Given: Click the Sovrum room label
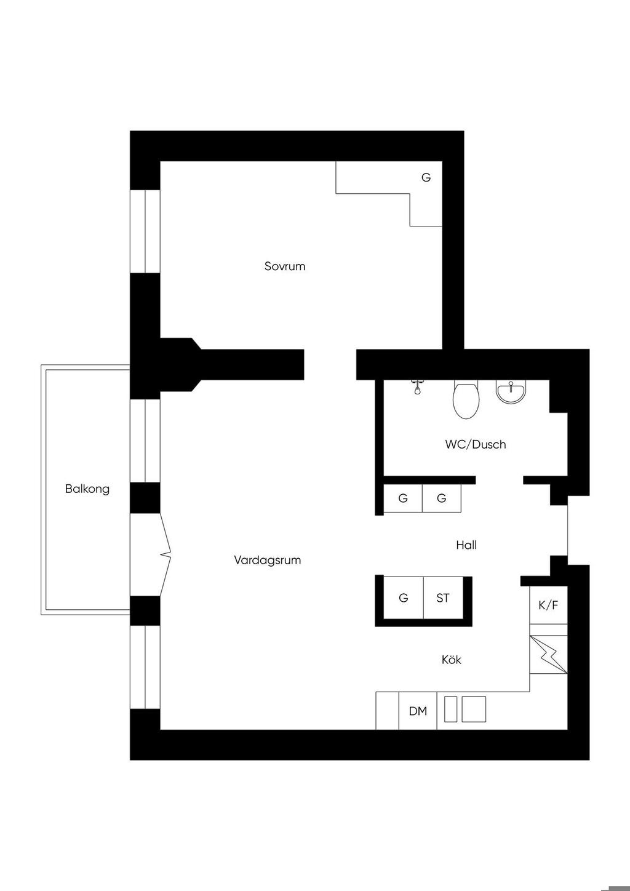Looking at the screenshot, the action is click(285, 266).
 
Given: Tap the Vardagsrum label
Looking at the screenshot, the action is click(267, 561).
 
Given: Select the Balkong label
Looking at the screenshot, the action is click(87, 489).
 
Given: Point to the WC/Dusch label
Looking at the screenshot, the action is click(476, 444).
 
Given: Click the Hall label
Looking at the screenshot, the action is click(466, 545).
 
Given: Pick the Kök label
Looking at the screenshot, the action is click(452, 660).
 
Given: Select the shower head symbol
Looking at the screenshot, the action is click(417, 388).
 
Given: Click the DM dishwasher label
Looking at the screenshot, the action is click(418, 711).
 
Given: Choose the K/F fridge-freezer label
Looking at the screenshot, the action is click(548, 605).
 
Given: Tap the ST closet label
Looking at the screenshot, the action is click(443, 598).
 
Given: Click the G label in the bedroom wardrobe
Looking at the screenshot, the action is click(426, 177).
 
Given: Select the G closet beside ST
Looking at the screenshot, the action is click(404, 598).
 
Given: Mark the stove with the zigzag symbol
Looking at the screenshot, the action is click(548, 654).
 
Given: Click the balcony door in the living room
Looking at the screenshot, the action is click(151, 554).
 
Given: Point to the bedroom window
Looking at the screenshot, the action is click(145, 231).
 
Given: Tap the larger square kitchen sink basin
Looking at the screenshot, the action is click(473, 709).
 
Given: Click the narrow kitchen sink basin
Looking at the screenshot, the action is click(450, 709).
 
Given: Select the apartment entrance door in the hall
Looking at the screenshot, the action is click(568, 530).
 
